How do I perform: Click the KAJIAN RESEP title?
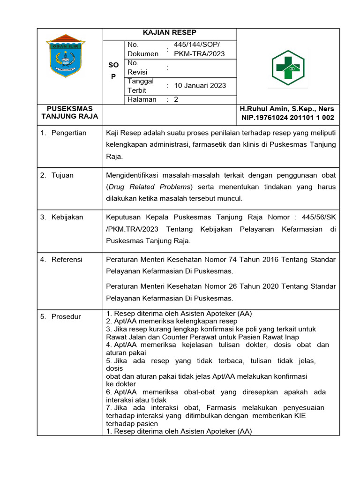[169, 32]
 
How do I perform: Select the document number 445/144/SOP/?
[196, 45]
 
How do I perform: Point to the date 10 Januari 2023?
[200, 85]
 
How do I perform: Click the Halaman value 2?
[176, 99]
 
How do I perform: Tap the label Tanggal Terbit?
[137, 85]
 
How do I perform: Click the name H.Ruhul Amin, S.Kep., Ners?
[287, 109]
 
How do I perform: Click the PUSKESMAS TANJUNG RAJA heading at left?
[70, 112]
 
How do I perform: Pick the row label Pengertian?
[69, 133]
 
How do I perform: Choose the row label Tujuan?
[62, 175]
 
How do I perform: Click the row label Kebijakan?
[67, 217]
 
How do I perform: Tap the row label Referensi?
[67, 259]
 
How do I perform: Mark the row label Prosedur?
[66, 316]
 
